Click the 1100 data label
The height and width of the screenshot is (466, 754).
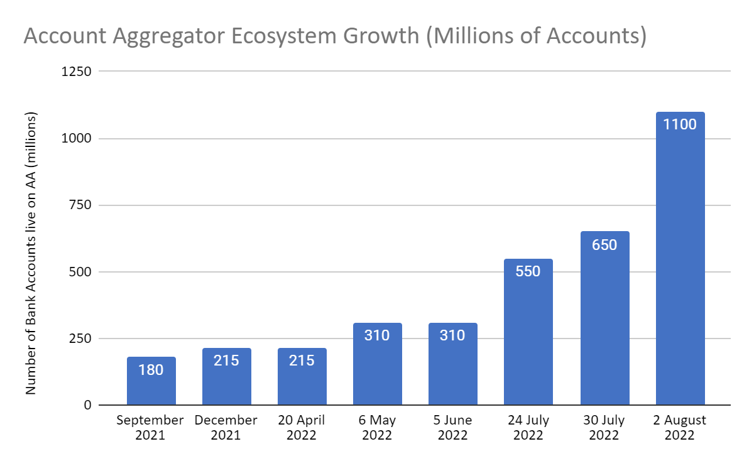(680, 124)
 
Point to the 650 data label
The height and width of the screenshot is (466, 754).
(604, 244)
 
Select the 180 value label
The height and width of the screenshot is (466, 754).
(151, 370)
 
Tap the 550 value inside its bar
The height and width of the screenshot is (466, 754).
(528, 271)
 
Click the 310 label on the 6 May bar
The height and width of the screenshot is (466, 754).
(377, 335)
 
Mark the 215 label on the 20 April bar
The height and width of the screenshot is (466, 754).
(302, 360)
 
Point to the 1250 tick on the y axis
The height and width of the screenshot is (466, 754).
(77, 72)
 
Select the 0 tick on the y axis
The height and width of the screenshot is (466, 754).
(87, 405)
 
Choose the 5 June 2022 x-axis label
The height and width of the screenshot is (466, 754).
(452, 428)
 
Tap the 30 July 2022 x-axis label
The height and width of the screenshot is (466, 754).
(604, 428)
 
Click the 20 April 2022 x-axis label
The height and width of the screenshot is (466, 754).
(302, 428)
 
